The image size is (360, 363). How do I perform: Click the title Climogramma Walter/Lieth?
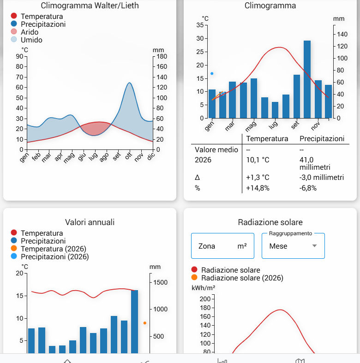[90, 6]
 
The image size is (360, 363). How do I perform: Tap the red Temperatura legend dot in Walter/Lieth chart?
[14, 17]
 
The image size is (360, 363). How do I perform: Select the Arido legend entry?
[29, 32]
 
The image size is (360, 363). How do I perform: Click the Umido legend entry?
[31, 40]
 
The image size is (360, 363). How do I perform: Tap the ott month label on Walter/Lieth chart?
[129, 157]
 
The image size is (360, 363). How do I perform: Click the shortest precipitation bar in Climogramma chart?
[275, 110]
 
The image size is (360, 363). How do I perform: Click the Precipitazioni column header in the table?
[322, 139]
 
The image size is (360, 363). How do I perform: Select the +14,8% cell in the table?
[258, 188]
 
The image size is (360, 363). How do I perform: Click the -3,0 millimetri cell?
[322, 178]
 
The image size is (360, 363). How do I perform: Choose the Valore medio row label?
[216, 150]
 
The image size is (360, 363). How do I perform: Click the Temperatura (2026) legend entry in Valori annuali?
[50, 249]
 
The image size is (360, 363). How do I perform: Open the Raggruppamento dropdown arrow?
[315, 246]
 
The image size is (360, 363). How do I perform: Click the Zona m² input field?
[222, 246]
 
